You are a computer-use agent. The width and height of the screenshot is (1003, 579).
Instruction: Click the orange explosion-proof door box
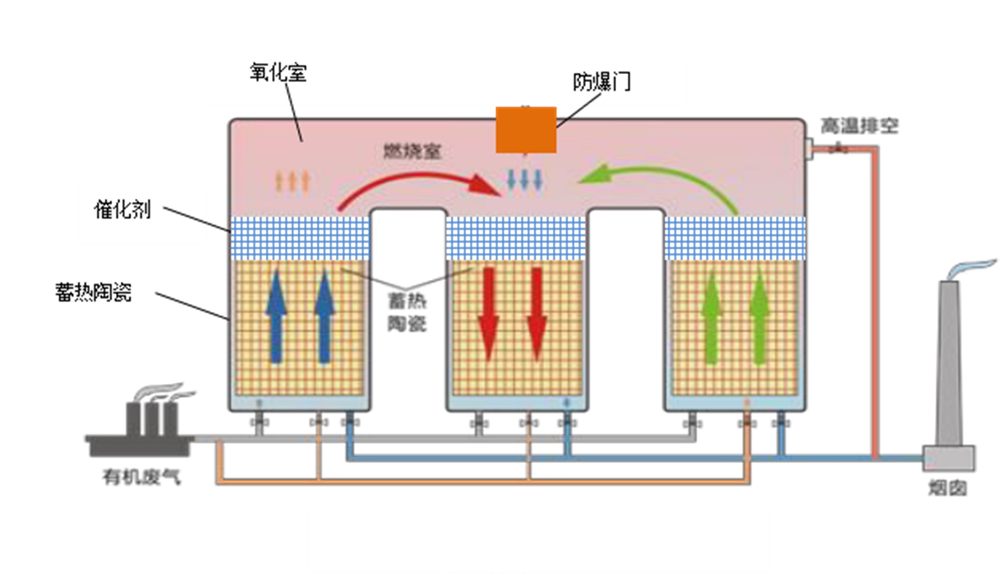[x=526, y=129]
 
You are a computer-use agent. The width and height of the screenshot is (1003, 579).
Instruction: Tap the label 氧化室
[x=278, y=73]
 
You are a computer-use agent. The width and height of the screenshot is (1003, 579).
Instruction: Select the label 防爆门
[x=601, y=82]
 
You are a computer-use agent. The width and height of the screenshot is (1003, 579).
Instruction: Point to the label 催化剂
[x=122, y=209]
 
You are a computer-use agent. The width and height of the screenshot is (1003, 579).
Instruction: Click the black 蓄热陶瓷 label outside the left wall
[x=94, y=292]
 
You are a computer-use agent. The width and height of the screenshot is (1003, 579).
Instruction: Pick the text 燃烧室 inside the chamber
[x=412, y=151]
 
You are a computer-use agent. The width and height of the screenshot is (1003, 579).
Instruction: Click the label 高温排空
[x=859, y=126]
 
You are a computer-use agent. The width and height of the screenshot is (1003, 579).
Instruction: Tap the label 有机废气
[x=141, y=477]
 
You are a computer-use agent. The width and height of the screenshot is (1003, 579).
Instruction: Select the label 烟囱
[x=947, y=488]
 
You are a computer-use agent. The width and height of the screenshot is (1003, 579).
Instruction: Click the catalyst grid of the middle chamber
[x=516, y=238]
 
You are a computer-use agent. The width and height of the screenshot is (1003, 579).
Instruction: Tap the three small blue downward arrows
[x=525, y=180]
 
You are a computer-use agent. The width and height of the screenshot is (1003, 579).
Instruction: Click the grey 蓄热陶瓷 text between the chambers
[x=407, y=312]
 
